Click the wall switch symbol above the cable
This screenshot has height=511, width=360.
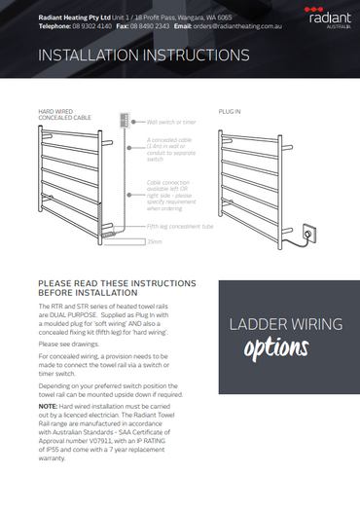[x=123, y=123]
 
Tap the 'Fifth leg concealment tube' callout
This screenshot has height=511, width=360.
[x=180, y=226]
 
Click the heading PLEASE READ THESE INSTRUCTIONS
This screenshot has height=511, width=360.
[x=116, y=283]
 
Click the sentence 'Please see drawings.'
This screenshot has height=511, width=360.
[x=68, y=343]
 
